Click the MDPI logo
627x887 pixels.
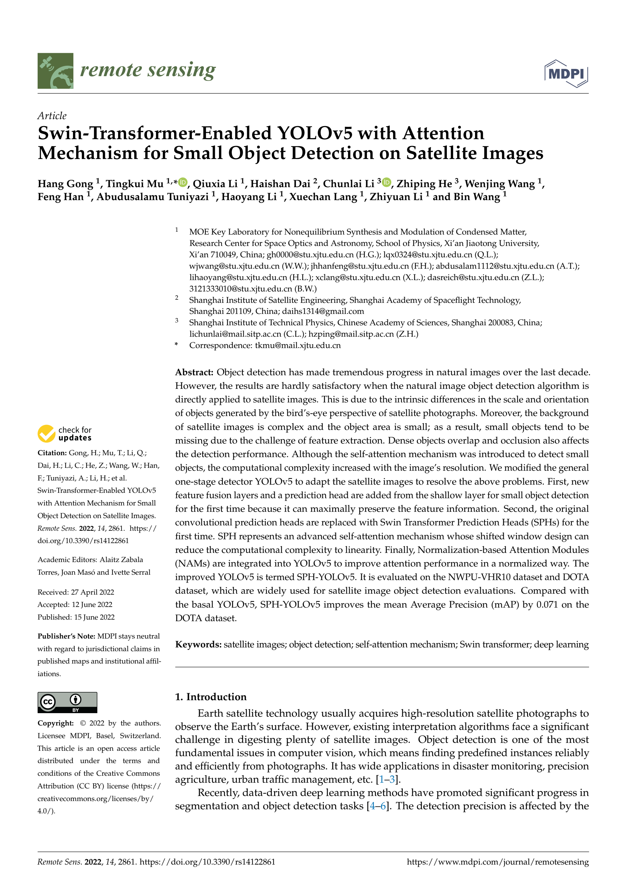(x=566, y=73)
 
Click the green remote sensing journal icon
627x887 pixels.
(x=55, y=71)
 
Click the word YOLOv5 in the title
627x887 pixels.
(x=315, y=133)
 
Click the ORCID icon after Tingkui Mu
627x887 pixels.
(x=183, y=182)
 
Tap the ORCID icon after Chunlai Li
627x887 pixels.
(x=386, y=182)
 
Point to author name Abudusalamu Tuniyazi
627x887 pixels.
(x=152, y=197)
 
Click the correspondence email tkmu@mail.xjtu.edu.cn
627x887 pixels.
(x=297, y=346)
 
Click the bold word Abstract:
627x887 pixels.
(x=194, y=372)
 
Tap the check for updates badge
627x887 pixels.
(x=64, y=433)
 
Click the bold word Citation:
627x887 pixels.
(x=52, y=453)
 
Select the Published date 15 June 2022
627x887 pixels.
(x=76, y=617)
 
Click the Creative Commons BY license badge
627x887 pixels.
(x=67, y=702)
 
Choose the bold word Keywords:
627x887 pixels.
(x=198, y=645)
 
